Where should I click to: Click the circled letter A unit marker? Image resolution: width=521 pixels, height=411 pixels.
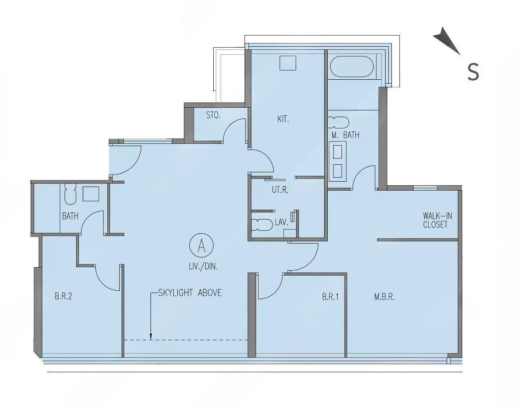[x=201, y=246]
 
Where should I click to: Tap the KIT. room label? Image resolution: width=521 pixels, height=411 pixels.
[x=283, y=119]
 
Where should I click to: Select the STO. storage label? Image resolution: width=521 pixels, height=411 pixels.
[x=213, y=115]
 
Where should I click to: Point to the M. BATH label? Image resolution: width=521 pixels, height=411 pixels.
[x=345, y=135]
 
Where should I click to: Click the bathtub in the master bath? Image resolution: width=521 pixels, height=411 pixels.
[x=352, y=66]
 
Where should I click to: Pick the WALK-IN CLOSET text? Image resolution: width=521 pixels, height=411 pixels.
[x=437, y=220]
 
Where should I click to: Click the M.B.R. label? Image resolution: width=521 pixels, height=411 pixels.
[x=384, y=297]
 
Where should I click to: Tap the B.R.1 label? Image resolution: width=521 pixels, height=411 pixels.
[x=330, y=297]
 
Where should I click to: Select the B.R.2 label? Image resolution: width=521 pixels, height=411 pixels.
[x=63, y=296]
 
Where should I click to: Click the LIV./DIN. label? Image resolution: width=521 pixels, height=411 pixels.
[x=202, y=266]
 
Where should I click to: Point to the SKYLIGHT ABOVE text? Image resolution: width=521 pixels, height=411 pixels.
[x=190, y=293]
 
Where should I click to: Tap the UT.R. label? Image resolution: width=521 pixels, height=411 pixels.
[x=280, y=190]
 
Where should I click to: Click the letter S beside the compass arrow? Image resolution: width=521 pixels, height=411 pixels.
[x=473, y=71]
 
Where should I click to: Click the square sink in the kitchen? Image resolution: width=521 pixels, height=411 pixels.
[x=288, y=63]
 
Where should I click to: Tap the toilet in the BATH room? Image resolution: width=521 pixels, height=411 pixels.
[x=70, y=194]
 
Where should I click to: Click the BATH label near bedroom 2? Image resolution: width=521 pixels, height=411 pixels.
[x=70, y=216]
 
